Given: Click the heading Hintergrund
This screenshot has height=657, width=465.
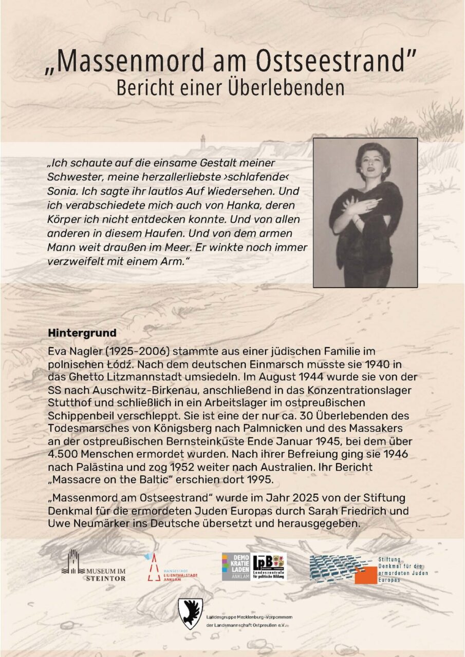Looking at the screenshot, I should [x=82, y=333].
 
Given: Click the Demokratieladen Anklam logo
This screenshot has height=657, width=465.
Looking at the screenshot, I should [x=236, y=567].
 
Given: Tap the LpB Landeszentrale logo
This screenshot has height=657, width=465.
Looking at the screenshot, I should [x=269, y=566].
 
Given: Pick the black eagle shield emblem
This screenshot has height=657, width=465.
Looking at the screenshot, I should [x=190, y=613].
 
